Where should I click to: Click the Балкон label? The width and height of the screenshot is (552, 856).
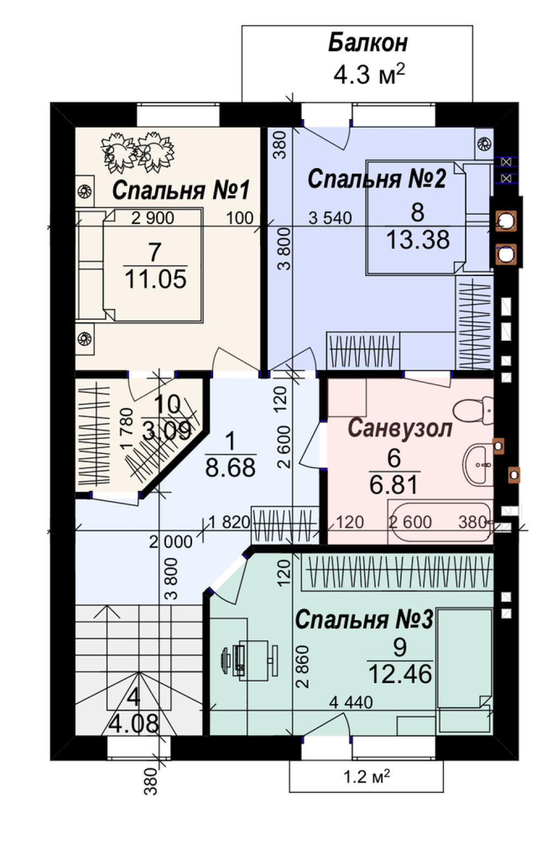(368, 43)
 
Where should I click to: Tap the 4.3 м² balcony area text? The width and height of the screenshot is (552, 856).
(369, 74)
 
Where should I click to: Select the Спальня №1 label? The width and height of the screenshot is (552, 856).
(181, 190)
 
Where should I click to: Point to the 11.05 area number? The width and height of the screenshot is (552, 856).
(156, 279)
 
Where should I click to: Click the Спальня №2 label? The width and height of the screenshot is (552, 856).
(376, 179)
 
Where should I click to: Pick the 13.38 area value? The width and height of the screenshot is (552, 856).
(418, 240)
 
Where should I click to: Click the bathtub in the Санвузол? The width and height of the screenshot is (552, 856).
(440, 522)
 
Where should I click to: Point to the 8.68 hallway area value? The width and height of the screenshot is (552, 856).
(230, 467)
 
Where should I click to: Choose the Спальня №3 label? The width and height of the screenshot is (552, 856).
(364, 619)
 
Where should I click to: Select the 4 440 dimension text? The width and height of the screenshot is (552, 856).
(351, 702)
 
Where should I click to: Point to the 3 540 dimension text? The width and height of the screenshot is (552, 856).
(330, 218)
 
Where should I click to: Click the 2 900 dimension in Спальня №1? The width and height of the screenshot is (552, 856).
(152, 218)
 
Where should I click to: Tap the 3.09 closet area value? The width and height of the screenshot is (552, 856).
(167, 432)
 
